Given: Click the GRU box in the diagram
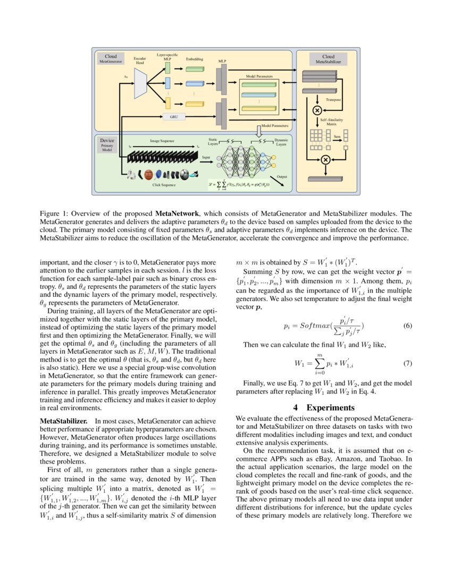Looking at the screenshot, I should coord(173,116).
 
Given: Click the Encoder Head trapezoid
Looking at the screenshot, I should coord(140,83).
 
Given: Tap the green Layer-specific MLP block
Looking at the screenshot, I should coord(167,68).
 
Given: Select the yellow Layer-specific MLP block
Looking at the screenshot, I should coord(167,103).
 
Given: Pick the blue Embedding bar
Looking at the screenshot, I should coord(195,83).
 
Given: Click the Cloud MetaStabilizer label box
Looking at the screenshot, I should coord(328,59).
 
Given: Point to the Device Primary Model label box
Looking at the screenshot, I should coord(107,145).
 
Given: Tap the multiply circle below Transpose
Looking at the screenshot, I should coord(317,110).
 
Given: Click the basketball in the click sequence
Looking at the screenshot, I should coord(149,174).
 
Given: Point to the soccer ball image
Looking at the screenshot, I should coord(184,174).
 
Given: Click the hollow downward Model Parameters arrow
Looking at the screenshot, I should coord(260,130).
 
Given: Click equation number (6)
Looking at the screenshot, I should coord(408,325).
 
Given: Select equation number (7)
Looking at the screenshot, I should coord(408,364).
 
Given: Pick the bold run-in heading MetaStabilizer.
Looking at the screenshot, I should coord(64,420).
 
